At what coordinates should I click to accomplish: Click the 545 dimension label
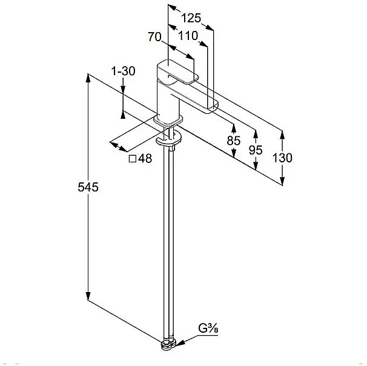pos(88,187)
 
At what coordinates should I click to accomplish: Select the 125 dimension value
pos(191,18)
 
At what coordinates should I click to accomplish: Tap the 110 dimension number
pos(188,36)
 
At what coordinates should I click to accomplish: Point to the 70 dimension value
pos(154,37)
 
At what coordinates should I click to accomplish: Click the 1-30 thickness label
pos(124,71)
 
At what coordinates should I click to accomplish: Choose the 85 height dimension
pos(234,141)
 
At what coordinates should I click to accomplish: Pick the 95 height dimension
pos(256,150)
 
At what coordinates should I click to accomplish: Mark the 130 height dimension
pos(282,158)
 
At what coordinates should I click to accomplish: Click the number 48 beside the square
pos(145,159)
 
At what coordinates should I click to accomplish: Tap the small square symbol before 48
pos(133,159)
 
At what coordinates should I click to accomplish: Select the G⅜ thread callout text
pos(208,328)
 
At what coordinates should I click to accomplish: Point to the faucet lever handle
pos(177,72)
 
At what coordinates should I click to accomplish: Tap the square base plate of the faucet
pos(168,121)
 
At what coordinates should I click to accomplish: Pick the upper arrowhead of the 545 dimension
pos(88,78)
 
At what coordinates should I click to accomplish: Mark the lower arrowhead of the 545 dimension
pos(88,296)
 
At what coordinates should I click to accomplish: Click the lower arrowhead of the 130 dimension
pos(282,181)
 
